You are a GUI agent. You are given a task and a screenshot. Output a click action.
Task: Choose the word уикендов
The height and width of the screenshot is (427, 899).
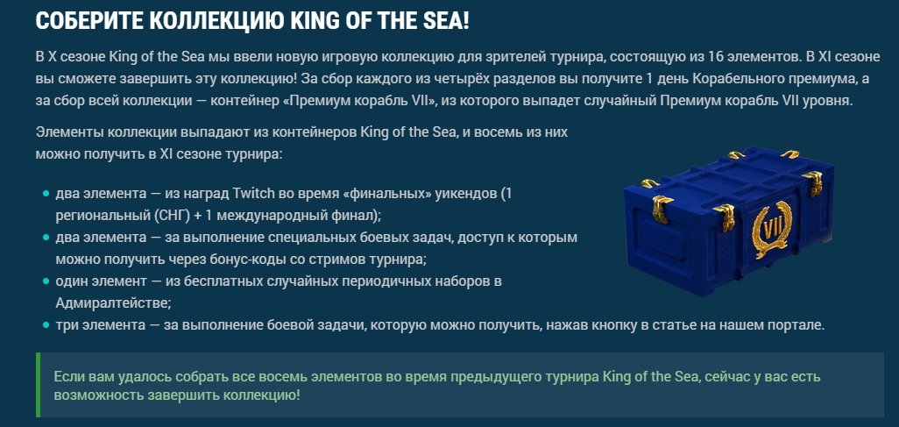tap(468, 194)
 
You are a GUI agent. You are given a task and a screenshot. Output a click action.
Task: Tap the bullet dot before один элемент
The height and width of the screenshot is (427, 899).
tap(46, 281)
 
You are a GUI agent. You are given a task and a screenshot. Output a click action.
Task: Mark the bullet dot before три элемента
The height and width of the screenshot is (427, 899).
tap(46, 324)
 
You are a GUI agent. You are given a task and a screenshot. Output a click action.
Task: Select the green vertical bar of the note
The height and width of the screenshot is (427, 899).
tap(38, 385)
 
